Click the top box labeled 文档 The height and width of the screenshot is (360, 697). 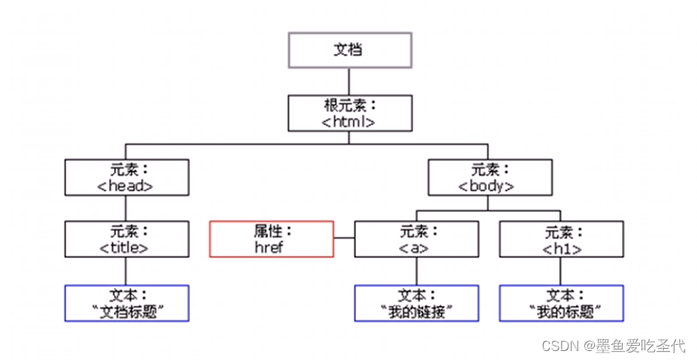point(350,50)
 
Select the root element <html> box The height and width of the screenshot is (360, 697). point(350,113)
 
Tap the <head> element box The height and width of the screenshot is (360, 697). point(126,177)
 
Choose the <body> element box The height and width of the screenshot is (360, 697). point(489,177)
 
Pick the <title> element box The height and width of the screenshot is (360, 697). point(126,239)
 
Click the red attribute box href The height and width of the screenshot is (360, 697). point(271,239)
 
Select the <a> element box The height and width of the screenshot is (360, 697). point(416,239)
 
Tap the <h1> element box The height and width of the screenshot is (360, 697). point(561,239)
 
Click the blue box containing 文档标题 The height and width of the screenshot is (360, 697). point(126,303)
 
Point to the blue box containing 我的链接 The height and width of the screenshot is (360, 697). point(416,303)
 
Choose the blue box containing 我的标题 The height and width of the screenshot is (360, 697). point(561,303)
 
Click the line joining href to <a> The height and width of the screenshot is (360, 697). point(344,239)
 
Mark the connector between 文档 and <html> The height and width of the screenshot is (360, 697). point(350,81)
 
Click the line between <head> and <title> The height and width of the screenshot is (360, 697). point(126,208)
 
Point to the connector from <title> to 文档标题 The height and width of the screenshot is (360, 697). point(126,271)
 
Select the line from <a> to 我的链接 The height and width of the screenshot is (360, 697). point(416,271)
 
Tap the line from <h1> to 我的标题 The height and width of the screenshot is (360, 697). point(561,271)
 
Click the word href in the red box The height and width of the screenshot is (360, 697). point(271,247)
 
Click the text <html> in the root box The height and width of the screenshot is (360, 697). point(350,121)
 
